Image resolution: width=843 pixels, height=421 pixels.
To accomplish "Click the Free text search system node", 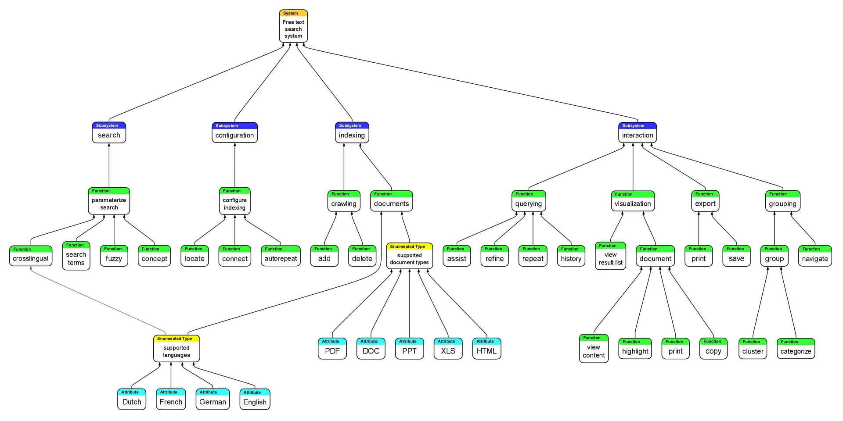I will pos(293,27).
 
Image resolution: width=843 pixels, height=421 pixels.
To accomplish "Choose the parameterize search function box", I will pos(109,202).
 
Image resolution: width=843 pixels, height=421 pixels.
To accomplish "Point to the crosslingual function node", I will pos(31,256).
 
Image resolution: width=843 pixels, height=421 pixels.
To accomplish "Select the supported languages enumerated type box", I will pos(177,349).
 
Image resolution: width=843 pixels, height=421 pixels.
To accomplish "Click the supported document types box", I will pos(409,257).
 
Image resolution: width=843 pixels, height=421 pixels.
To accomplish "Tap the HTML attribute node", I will pos(486,349).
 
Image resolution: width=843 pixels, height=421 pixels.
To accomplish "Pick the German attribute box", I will pos(213,400).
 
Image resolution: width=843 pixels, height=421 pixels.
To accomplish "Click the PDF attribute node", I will pos(332,349).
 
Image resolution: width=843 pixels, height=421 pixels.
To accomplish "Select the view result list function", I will pos(610,257).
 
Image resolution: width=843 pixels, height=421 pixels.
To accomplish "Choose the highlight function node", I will pos(635,349).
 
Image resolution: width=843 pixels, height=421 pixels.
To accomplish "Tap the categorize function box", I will pos(796,349).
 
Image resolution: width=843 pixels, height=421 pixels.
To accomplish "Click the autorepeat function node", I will pos(281,256).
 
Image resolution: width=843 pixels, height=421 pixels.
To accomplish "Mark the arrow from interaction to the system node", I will pos(470,83).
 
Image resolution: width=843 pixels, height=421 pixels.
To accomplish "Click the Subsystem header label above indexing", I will pos(350,125).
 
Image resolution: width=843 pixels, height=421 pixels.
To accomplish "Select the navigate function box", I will pos(814,256).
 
